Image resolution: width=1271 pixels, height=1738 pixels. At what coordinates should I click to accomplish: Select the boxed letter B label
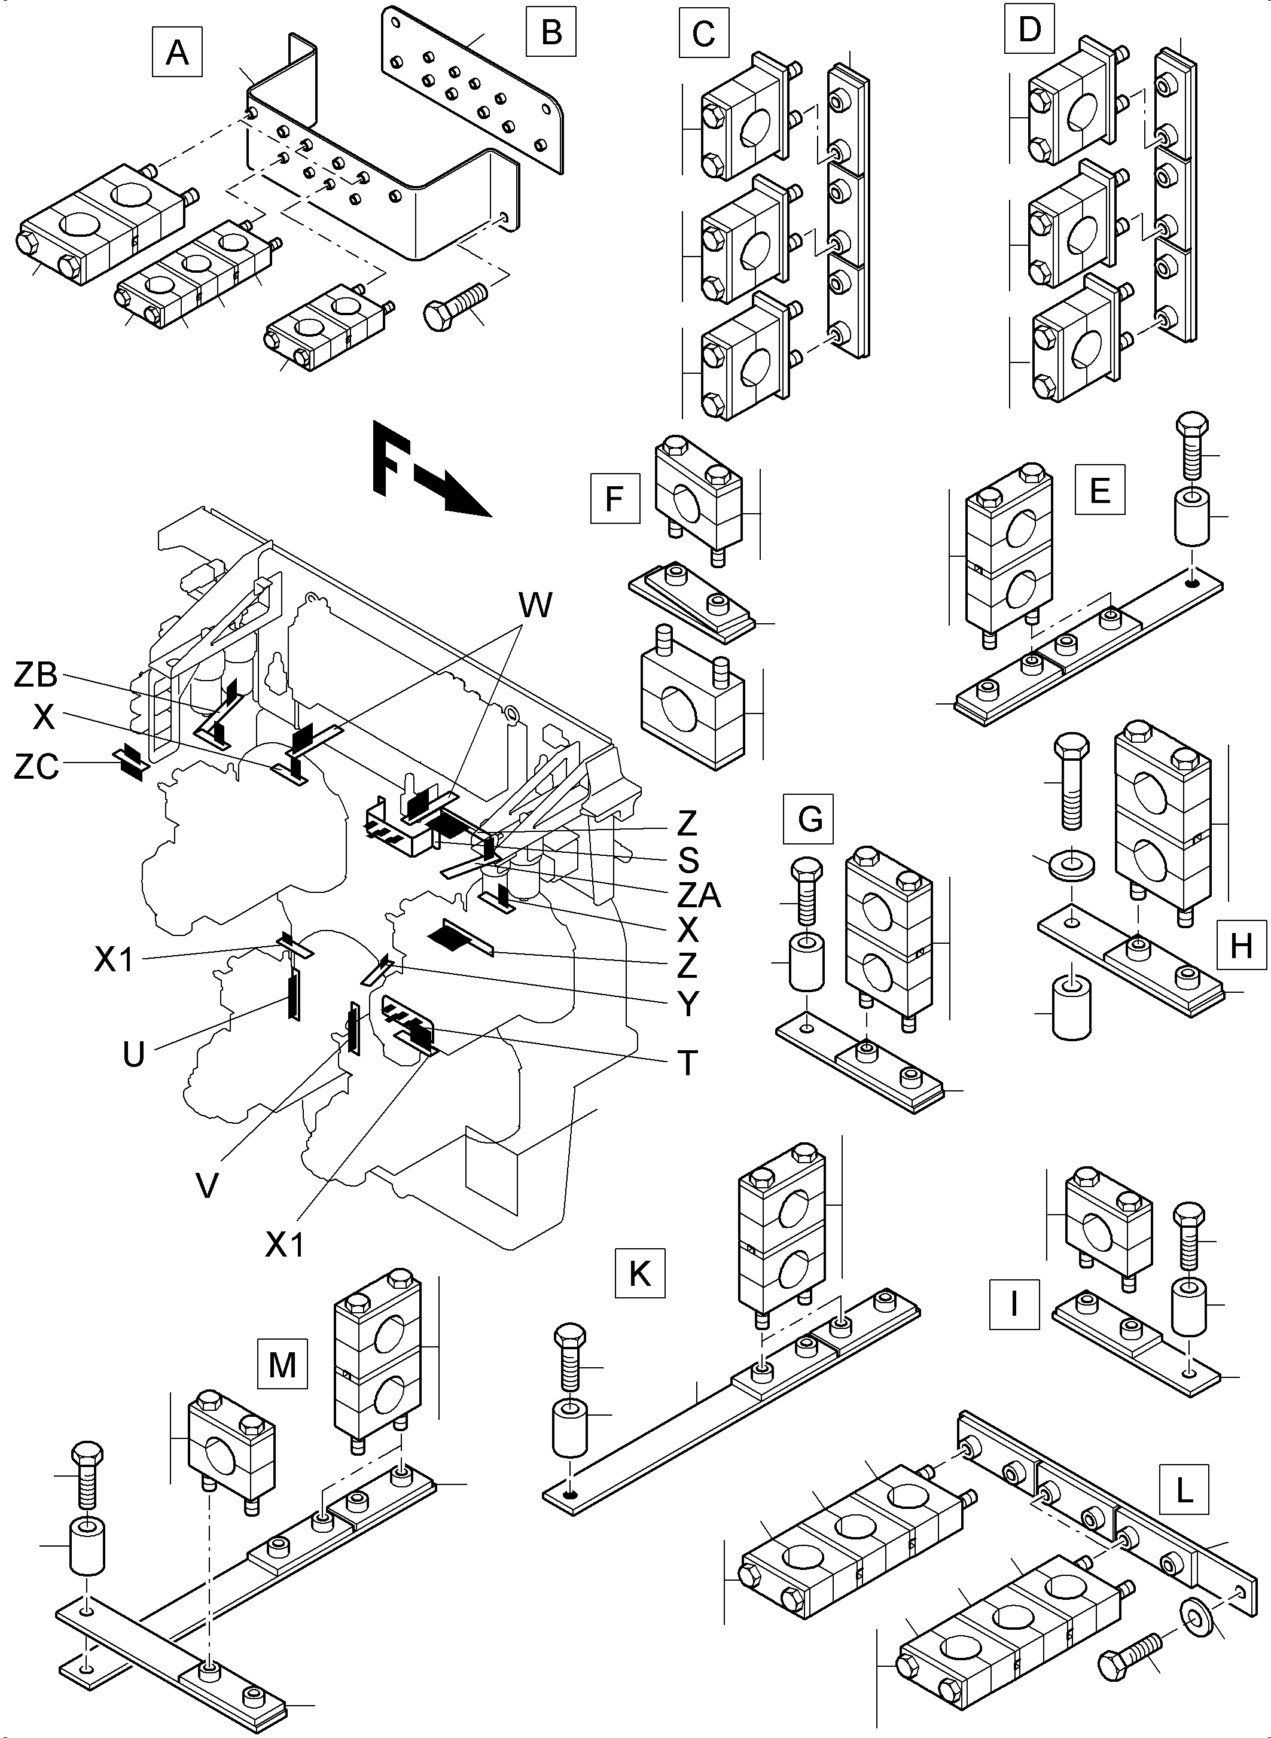pos(551,32)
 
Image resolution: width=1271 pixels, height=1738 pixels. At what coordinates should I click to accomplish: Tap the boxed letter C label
pos(703,34)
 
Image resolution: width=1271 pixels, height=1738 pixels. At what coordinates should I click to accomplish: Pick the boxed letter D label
pos(1029,29)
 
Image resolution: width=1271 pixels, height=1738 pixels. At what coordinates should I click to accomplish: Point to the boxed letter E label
pos(1099,489)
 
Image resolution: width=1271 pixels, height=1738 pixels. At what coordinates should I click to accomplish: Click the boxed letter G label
pos(810,819)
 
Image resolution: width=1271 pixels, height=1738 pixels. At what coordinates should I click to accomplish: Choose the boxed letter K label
pos(639,1274)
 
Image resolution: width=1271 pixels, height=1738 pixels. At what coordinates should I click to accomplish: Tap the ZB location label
pos(36,675)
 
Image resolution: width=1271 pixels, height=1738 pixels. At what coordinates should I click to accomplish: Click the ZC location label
pos(36,767)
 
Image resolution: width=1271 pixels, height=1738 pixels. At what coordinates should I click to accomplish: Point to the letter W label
pos(535,605)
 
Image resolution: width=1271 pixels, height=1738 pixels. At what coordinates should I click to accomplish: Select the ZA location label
pos(698,895)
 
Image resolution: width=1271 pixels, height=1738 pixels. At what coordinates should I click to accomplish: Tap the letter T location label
pos(687,1063)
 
